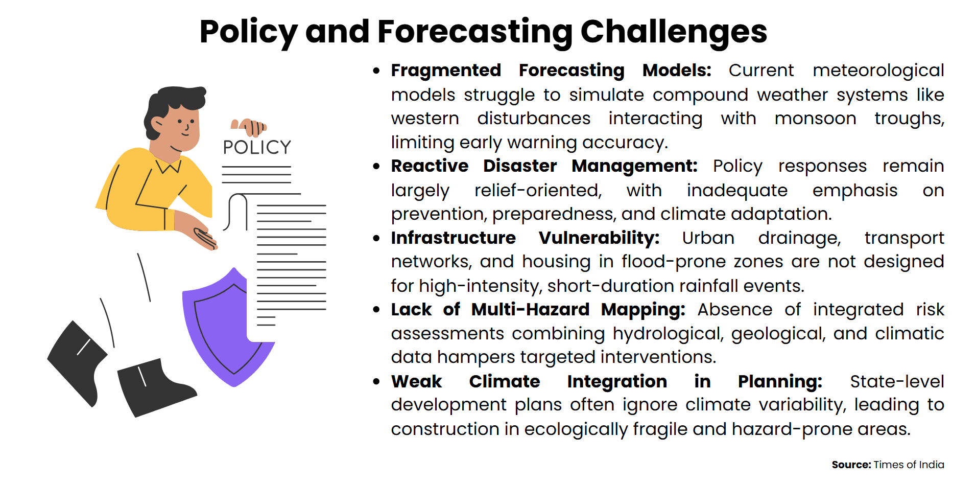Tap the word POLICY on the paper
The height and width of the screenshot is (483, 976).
pos(257,148)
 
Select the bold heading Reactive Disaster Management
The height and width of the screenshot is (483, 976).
pos(544,166)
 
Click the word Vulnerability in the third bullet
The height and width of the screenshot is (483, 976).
pos(599,238)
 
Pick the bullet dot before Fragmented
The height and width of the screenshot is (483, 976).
pos(376,71)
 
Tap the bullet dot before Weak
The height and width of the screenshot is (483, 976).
pos(376,382)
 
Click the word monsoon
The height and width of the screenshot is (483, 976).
pos(815,119)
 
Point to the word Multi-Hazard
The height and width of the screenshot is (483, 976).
pos(530,310)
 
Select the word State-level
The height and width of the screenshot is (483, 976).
pos(897,382)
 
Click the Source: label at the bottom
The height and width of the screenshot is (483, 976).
pos(851,465)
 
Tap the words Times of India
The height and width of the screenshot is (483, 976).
pos(909,465)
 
